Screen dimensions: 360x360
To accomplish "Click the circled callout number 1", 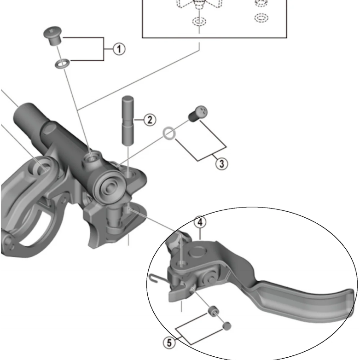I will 119,48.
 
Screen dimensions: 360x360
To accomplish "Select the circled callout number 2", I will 149,120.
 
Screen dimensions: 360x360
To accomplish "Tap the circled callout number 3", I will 221,163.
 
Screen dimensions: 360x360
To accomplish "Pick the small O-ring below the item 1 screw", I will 60,64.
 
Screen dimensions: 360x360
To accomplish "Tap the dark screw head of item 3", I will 199,112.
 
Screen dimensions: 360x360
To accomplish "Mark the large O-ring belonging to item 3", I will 169,133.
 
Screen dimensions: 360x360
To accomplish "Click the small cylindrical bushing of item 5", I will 213,311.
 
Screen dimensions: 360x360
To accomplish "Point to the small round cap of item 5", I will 226,326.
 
